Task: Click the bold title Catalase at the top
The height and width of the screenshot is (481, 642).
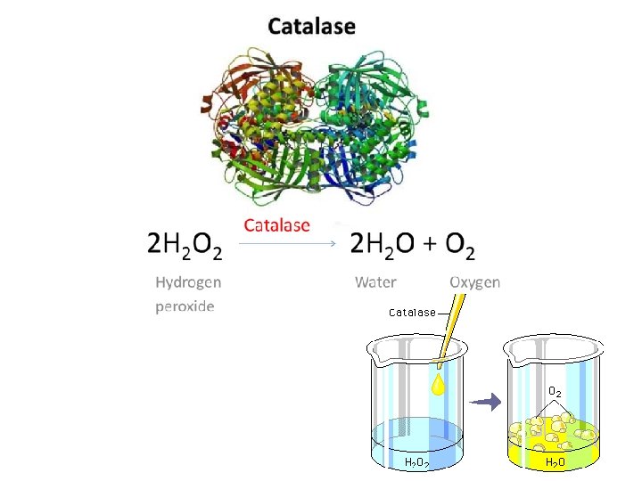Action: point(312,26)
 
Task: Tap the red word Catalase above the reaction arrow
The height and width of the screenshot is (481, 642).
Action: point(276,224)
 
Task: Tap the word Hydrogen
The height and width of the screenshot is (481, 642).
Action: point(188,282)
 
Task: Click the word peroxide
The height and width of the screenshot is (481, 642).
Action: point(185,306)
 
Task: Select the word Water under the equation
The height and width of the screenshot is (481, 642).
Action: point(375,282)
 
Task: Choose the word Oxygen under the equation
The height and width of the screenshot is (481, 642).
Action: point(475,282)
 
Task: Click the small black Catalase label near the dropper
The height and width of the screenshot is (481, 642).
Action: point(412,312)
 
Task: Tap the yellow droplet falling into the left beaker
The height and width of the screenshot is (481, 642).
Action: point(439,385)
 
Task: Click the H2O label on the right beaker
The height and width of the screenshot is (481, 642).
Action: point(555,462)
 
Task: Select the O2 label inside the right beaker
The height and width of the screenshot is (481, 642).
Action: point(555,391)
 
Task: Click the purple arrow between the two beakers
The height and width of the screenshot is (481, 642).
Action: point(486,402)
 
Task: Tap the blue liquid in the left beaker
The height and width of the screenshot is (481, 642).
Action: point(416,436)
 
